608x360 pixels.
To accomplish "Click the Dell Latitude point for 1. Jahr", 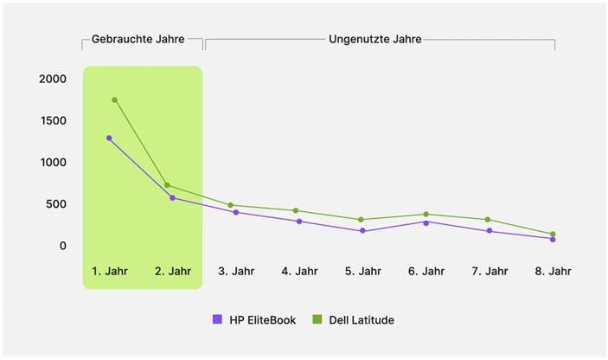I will coord(115,100).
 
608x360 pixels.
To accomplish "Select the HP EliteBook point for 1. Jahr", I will coord(109,138).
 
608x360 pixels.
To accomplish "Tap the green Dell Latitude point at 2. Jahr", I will coord(167,185).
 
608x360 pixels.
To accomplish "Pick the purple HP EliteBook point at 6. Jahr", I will coord(426,222).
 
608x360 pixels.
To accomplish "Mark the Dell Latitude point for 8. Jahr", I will coord(553,234).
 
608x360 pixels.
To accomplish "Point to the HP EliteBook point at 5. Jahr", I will coord(362,231).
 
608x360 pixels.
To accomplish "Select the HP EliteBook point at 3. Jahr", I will coord(236,212).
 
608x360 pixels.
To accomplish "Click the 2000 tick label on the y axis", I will coord(52,79).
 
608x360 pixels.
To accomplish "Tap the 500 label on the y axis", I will coord(55,204).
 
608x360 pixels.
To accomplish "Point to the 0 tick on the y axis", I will coord(62,246).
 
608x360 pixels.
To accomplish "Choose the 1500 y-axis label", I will coord(52,120).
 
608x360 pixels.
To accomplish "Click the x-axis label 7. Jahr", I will coord(490,271).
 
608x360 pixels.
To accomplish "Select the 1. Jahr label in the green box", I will coord(110,271).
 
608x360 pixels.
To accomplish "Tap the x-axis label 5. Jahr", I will coord(362,271).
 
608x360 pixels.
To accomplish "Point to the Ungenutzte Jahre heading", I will coord(374,39).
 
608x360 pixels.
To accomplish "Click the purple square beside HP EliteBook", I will coord(217,320).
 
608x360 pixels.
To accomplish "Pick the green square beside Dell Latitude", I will coord(317,320).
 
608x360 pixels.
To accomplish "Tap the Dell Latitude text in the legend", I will coord(361,320).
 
